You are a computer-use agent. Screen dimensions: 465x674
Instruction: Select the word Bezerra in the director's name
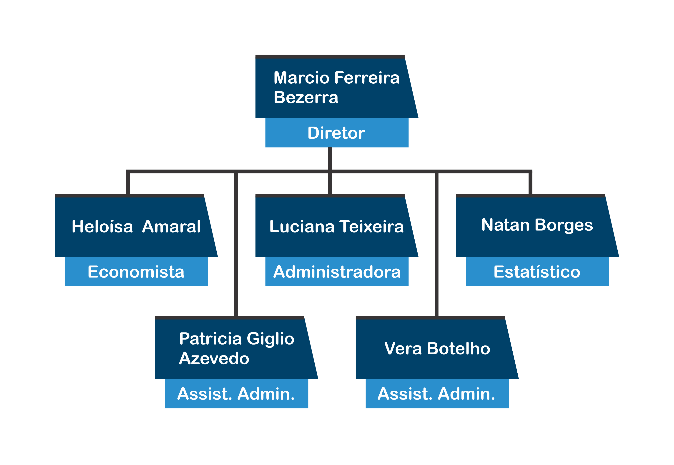point(306,97)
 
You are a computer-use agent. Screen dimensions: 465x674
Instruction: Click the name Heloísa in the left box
point(102,226)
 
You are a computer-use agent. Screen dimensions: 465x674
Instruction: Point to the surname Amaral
point(171,226)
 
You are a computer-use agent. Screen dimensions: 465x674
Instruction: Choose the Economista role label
point(136,272)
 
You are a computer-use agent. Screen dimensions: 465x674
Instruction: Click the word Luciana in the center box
point(302,226)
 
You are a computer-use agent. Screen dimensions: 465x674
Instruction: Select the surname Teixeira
point(371,226)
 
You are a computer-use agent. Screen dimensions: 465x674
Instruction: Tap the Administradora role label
point(337,272)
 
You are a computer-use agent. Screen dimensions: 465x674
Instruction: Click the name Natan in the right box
point(505,225)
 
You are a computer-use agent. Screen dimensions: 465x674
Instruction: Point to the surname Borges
point(564,225)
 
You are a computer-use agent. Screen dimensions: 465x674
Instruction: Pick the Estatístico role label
point(537,272)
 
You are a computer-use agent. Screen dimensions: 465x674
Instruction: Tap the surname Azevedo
point(214,358)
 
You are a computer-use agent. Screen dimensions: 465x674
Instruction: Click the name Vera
point(403,348)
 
